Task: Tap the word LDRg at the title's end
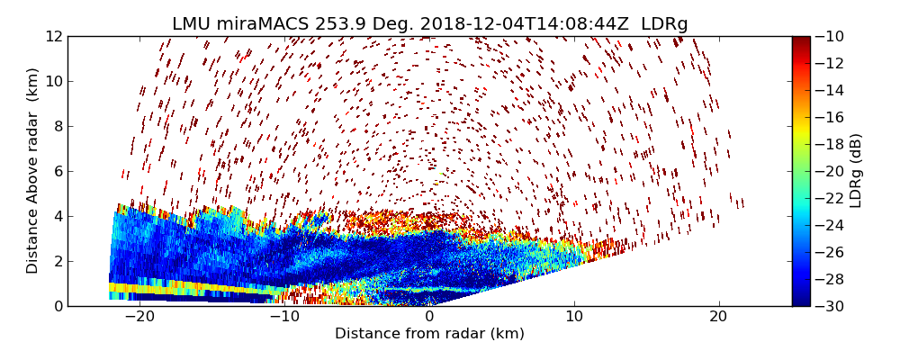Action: pyautogui.click(x=664, y=24)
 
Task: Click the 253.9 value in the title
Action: pyautogui.click(x=340, y=24)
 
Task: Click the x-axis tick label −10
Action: pyautogui.click(x=283, y=317)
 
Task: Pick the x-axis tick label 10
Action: pyautogui.click(x=574, y=317)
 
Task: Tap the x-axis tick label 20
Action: pyautogui.click(x=718, y=317)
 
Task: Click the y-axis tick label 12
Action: pyautogui.click(x=52, y=36)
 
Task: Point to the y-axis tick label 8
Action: pyautogui.click(x=56, y=126)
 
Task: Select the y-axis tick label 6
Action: pyautogui.click(x=56, y=171)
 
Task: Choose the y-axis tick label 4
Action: pyautogui.click(x=56, y=216)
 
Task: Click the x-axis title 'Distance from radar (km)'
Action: pyautogui.click(x=429, y=334)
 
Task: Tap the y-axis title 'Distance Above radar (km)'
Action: pyautogui.click(x=32, y=171)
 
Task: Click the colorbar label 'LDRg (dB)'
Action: pyautogui.click(x=855, y=171)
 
